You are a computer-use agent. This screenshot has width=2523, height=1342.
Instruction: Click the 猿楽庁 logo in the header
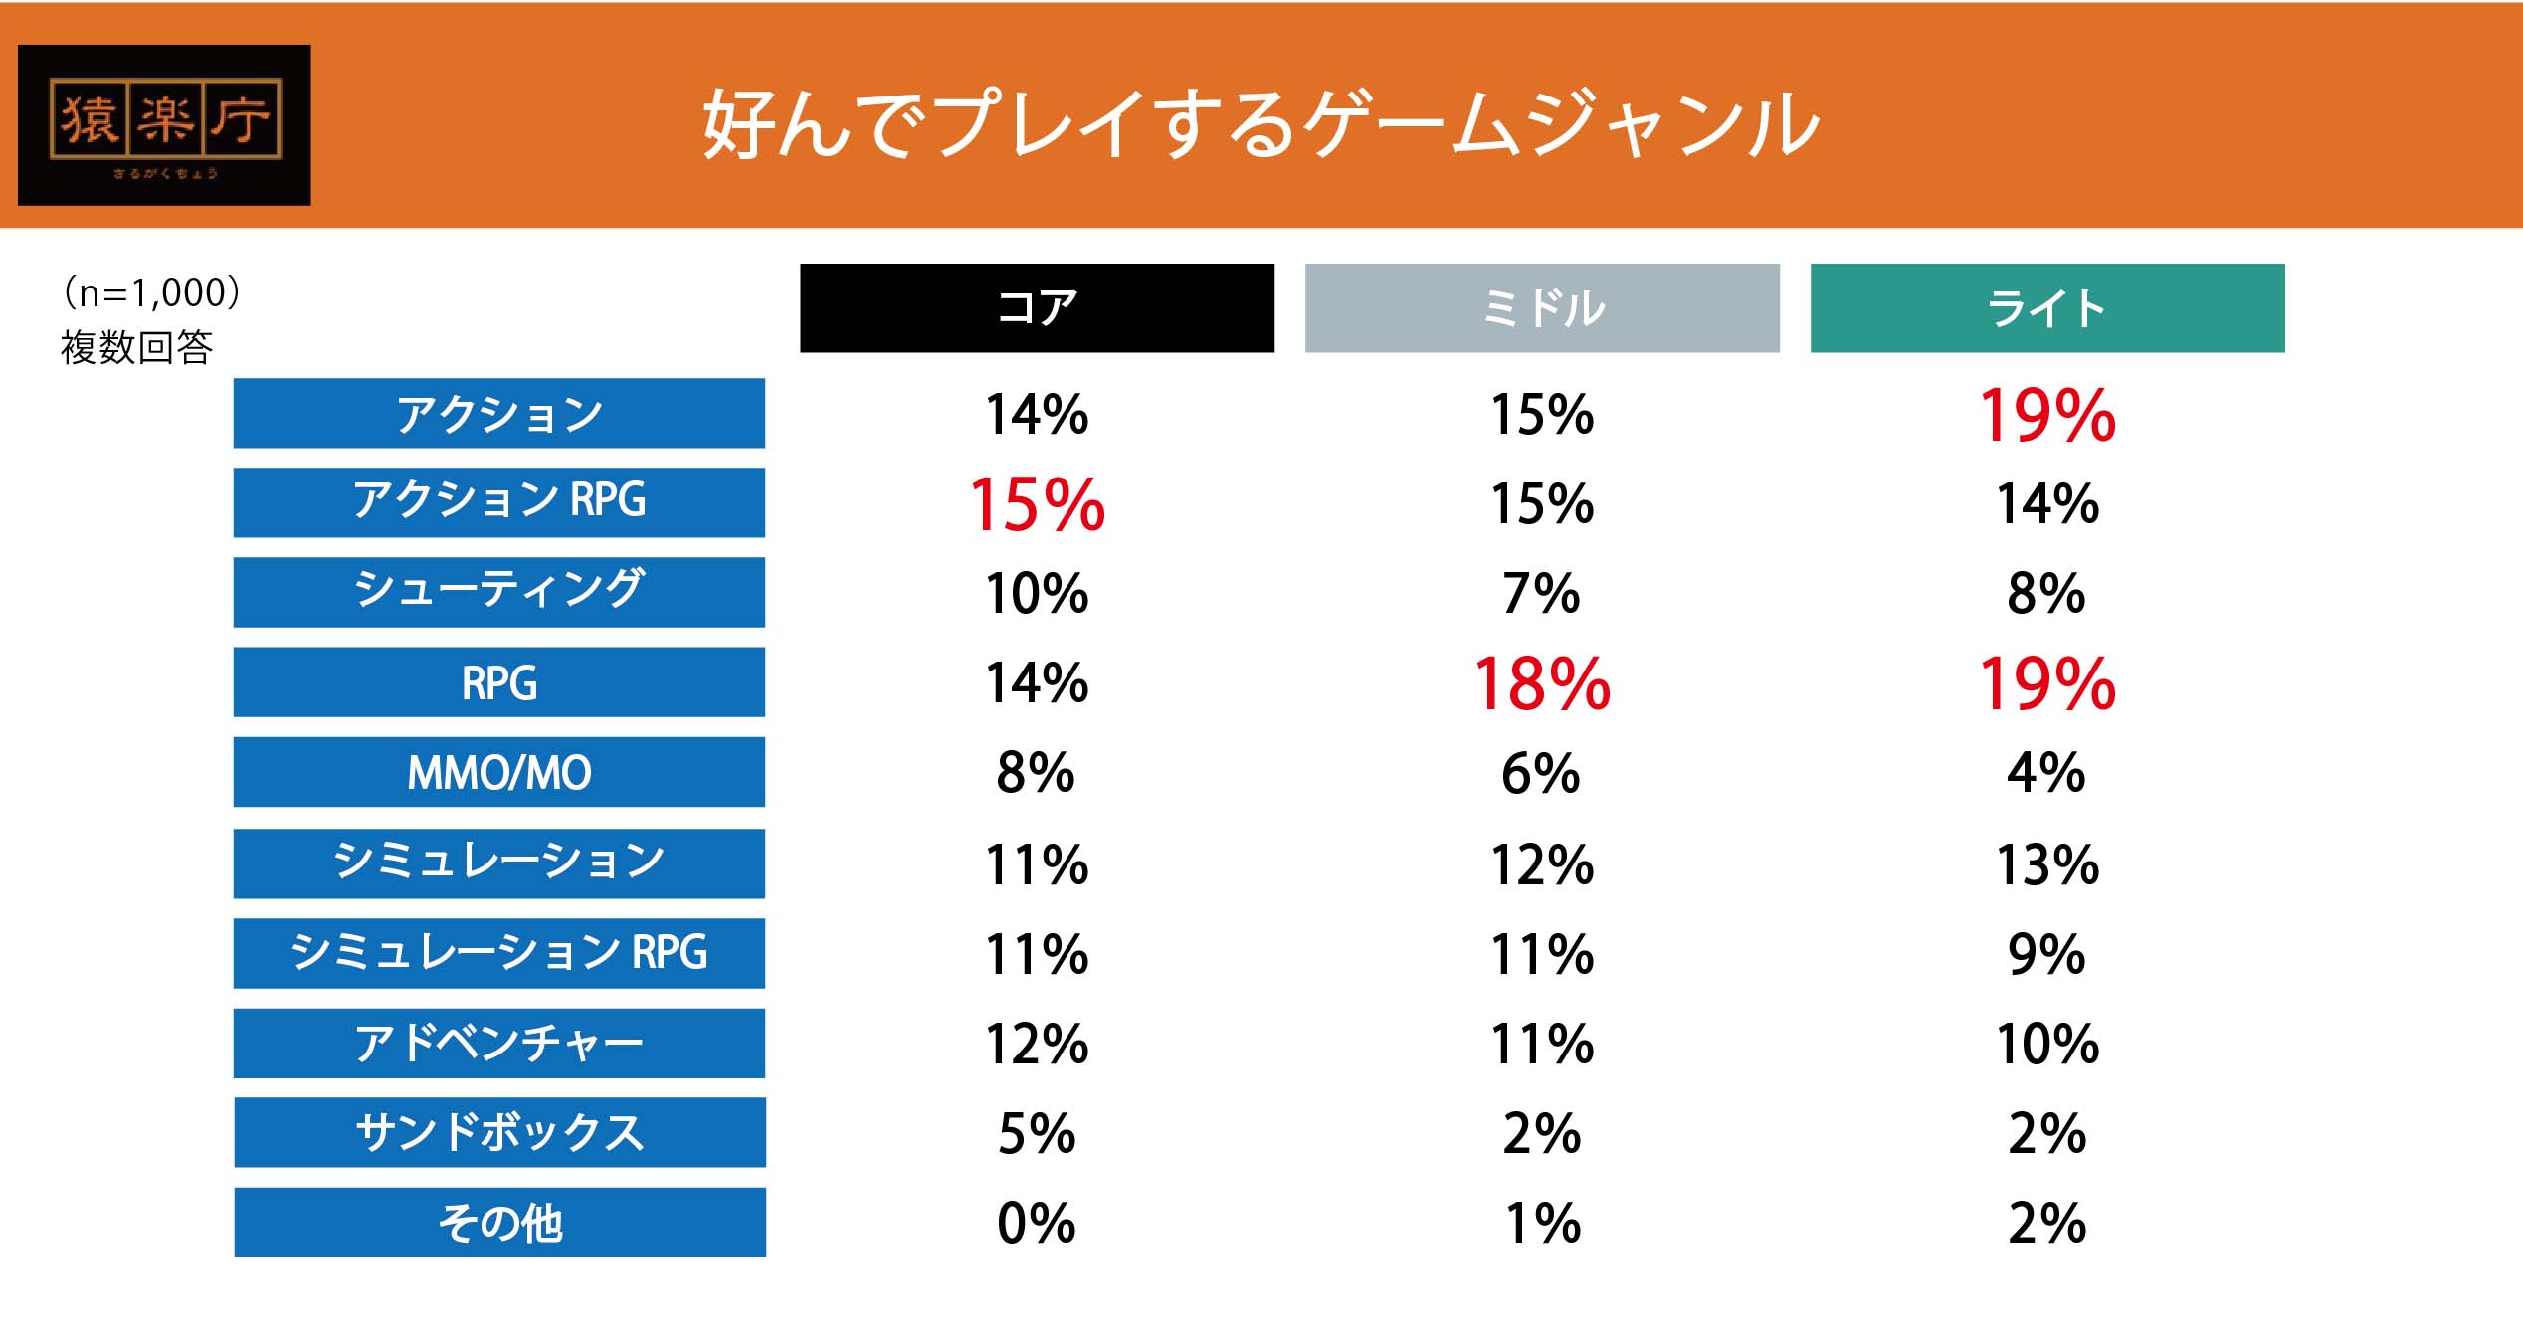[164, 124]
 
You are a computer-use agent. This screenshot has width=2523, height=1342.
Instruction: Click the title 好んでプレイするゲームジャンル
[1261, 125]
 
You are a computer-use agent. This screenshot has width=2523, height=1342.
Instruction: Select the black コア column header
[1037, 307]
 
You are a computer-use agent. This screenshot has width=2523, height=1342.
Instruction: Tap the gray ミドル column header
[1542, 307]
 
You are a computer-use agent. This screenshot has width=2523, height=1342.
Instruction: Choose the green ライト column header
[2046, 307]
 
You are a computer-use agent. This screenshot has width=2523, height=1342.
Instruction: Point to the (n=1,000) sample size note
[151, 292]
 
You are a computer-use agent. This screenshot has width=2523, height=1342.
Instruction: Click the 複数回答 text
[136, 347]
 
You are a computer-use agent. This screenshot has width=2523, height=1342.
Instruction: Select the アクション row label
[499, 413]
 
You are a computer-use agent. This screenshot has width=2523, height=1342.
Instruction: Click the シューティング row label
[499, 592]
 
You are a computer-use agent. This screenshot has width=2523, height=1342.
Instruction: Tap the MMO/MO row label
[499, 772]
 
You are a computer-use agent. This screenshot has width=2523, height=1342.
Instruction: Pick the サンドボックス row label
[499, 1132]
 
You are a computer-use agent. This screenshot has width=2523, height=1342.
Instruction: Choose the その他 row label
[499, 1223]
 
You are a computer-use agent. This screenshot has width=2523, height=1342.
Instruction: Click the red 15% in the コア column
[1037, 504]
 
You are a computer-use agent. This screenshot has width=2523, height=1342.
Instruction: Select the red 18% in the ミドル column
[1542, 684]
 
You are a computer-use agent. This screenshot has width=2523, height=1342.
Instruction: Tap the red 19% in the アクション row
[2046, 415]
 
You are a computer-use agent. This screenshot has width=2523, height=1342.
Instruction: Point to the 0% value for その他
[1037, 1223]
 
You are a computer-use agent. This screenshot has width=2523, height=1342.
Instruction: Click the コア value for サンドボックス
[1037, 1133]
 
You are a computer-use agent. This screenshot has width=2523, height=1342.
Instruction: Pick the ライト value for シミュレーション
[2046, 864]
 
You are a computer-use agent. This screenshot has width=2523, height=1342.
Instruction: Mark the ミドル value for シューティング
[1542, 594]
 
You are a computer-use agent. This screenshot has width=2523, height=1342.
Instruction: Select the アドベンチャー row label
[499, 1043]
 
